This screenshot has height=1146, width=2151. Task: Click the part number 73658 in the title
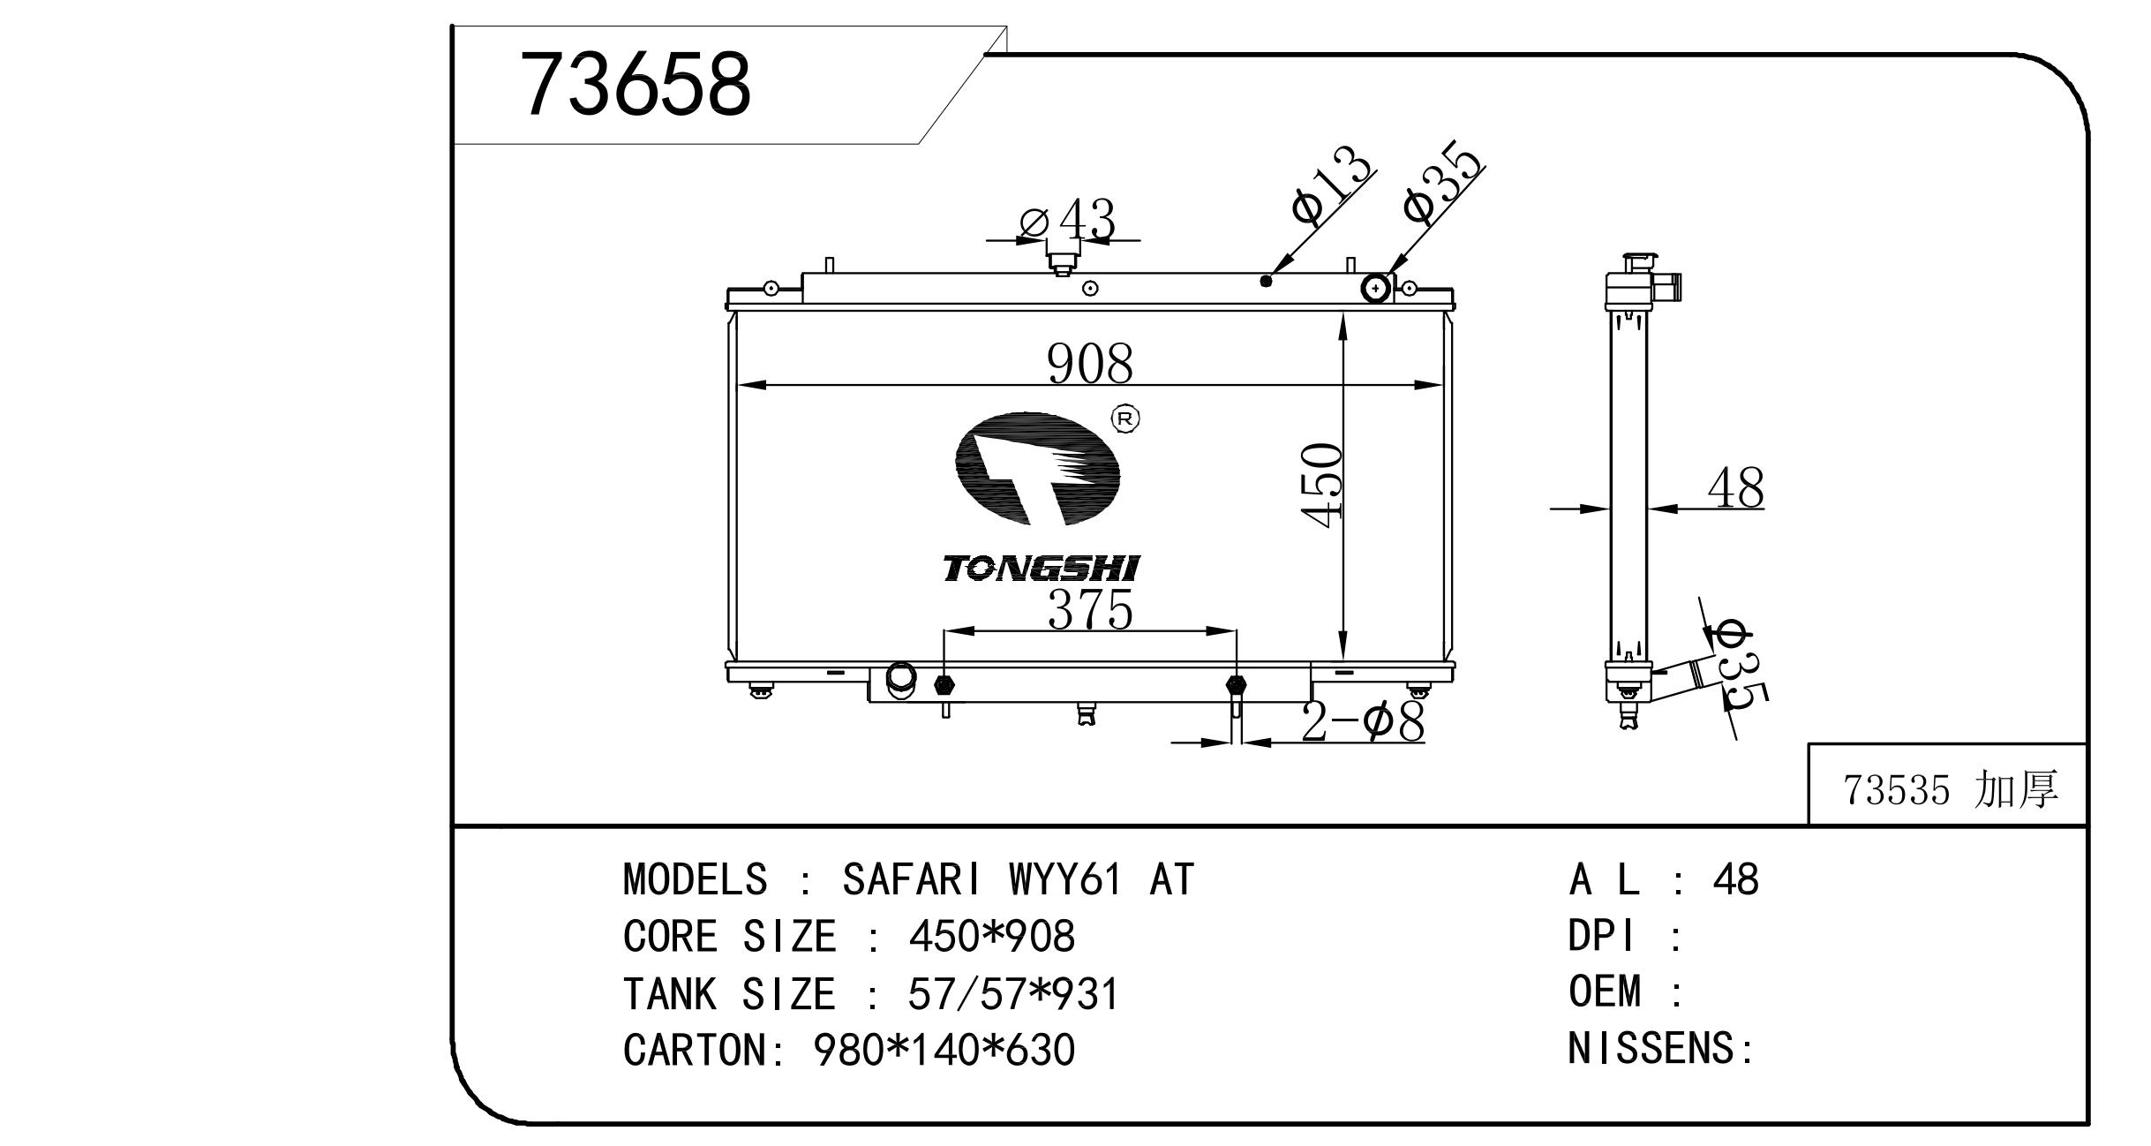[636, 85]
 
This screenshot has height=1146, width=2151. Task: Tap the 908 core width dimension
[1089, 364]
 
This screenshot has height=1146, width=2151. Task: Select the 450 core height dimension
[1323, 486]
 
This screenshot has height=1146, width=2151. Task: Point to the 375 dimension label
[1090, 609]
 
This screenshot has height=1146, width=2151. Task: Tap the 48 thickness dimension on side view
[1735, 487]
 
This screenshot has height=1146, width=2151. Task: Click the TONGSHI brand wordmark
[1042, 569]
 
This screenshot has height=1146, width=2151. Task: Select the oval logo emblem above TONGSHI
[1038, 468]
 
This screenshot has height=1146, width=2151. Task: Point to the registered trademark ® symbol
[1124, 418]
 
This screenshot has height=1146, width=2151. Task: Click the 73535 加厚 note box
[1947, 785]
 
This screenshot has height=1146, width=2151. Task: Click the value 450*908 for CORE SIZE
[991, 937]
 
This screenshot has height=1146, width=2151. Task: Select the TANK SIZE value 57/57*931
[1013, 994]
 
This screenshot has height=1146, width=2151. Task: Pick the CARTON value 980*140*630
[944, 1051]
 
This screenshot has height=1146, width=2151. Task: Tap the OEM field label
[1605, 991]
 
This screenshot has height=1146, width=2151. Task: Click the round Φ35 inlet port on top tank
[1376, 288]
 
